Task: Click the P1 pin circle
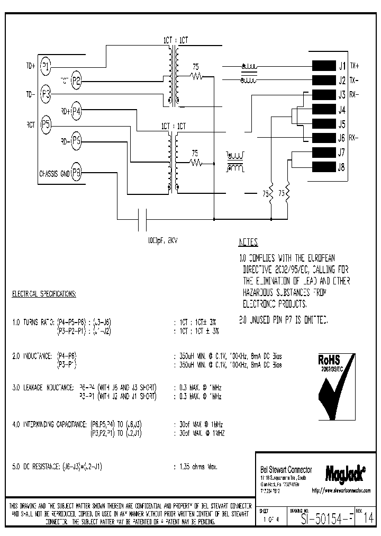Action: click(46, 66)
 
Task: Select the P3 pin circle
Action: click(46, 95)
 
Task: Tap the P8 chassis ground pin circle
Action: click(77, 173)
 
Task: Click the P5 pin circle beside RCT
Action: click(46, 125)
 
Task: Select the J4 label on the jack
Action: click(341, 110)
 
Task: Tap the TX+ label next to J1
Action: click(353, 66)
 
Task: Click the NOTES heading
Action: click(248, 243)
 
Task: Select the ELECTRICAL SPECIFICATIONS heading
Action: click(44, 293)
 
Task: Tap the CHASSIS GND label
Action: click(54, 173)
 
